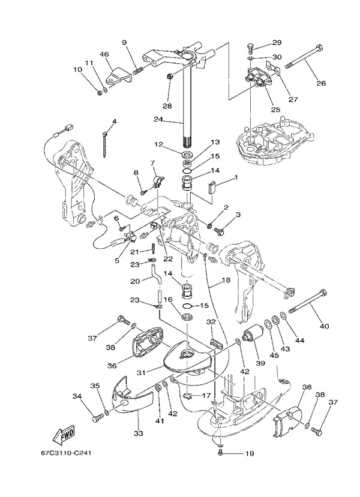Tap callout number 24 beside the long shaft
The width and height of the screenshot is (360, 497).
pos(158,119)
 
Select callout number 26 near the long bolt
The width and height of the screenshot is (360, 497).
pos(321,83)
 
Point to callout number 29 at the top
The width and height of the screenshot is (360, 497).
pos(277,43)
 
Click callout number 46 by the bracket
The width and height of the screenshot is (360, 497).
pos(104,55)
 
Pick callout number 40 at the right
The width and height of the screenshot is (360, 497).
pos(325,326)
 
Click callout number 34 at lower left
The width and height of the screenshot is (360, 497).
pos(77,396)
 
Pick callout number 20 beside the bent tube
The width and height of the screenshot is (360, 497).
pos(135,281)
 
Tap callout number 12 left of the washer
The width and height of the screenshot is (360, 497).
pos(158,144)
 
